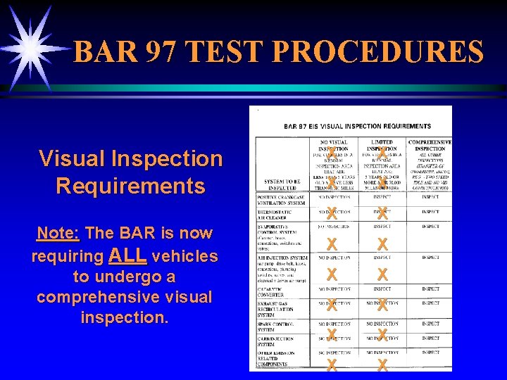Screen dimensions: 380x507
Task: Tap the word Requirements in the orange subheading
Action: (130, 186)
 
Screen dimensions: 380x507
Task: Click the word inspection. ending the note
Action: (125, 317)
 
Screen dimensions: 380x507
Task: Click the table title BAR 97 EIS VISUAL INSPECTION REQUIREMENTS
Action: (357, 126)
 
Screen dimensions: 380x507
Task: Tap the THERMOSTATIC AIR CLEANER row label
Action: (280, 213)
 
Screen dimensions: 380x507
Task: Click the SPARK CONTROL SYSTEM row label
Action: (280, 327)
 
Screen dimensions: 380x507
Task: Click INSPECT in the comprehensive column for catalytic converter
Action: (430, 289)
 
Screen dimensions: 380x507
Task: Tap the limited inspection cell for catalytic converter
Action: (382, 289)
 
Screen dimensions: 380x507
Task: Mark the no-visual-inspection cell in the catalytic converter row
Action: (333, 289)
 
